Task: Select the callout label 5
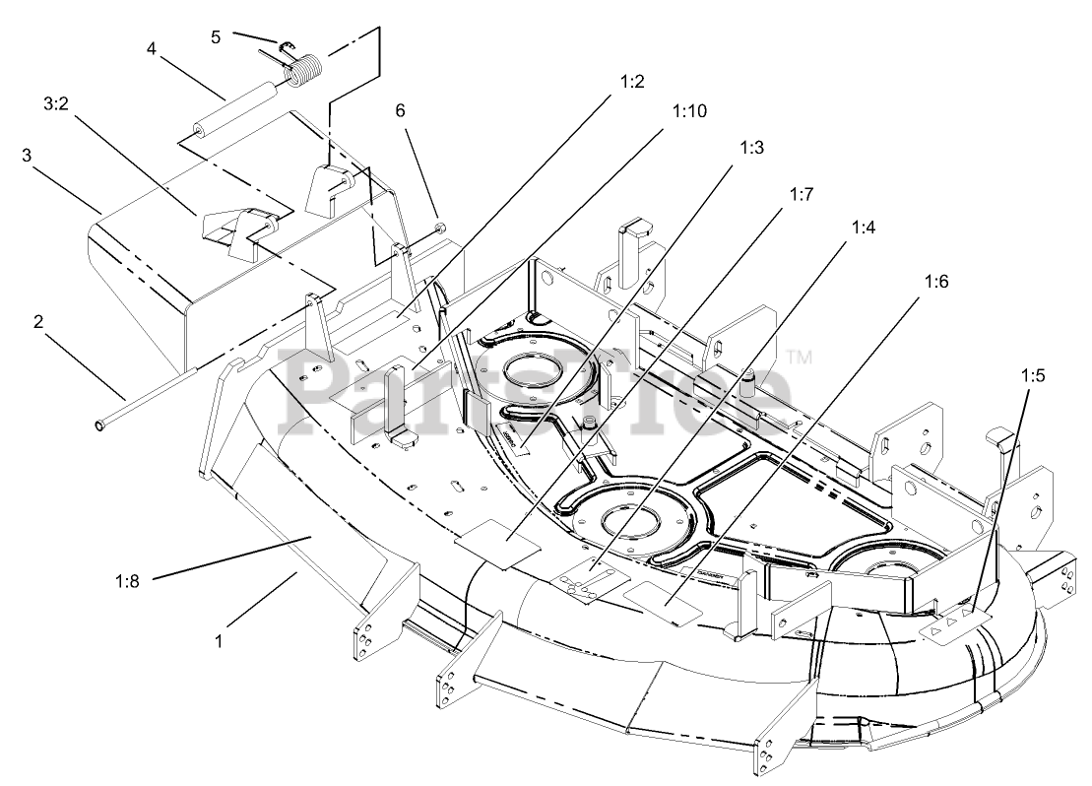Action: [217, 36]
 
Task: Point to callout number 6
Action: [400, 111]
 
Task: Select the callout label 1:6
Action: [936, 282]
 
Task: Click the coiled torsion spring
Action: [302, 71]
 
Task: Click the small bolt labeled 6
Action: [440, 230]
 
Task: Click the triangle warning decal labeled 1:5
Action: [950, 622]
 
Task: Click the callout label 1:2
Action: [632, 82]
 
